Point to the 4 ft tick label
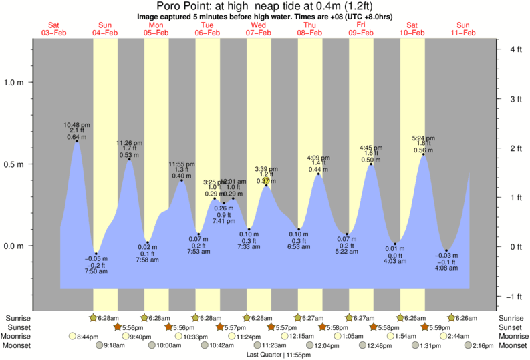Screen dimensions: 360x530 pyautogui.click(x=515, y=49)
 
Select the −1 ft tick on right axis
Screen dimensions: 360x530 pyautogui.click(x=514, y=297)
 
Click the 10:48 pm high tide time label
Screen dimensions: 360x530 pyautogui.click(x=77, y=124)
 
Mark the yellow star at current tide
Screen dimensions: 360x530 pyautogui.click(x=266, y=180)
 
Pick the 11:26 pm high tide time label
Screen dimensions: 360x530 pyautogui.click(x=128, y=143)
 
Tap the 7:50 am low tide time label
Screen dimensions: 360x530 pyautogui.click(x=96, y=272)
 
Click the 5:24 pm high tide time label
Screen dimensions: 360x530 pyautogui.click(x=424, y=139)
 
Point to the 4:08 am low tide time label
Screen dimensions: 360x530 pyautogui.click(x=446, y=268)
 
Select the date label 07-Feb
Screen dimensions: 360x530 pyautogui.click(x=258, y=33)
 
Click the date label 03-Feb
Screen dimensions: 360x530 pyautogui.click(x=55, y=33)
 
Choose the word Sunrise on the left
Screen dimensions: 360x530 pyautogui.click(x=17, y=317)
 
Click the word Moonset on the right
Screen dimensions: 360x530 pyautogui.click(x=511, y=345)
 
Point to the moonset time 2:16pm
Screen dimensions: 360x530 pyautogui.click(x=481, y=345)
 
